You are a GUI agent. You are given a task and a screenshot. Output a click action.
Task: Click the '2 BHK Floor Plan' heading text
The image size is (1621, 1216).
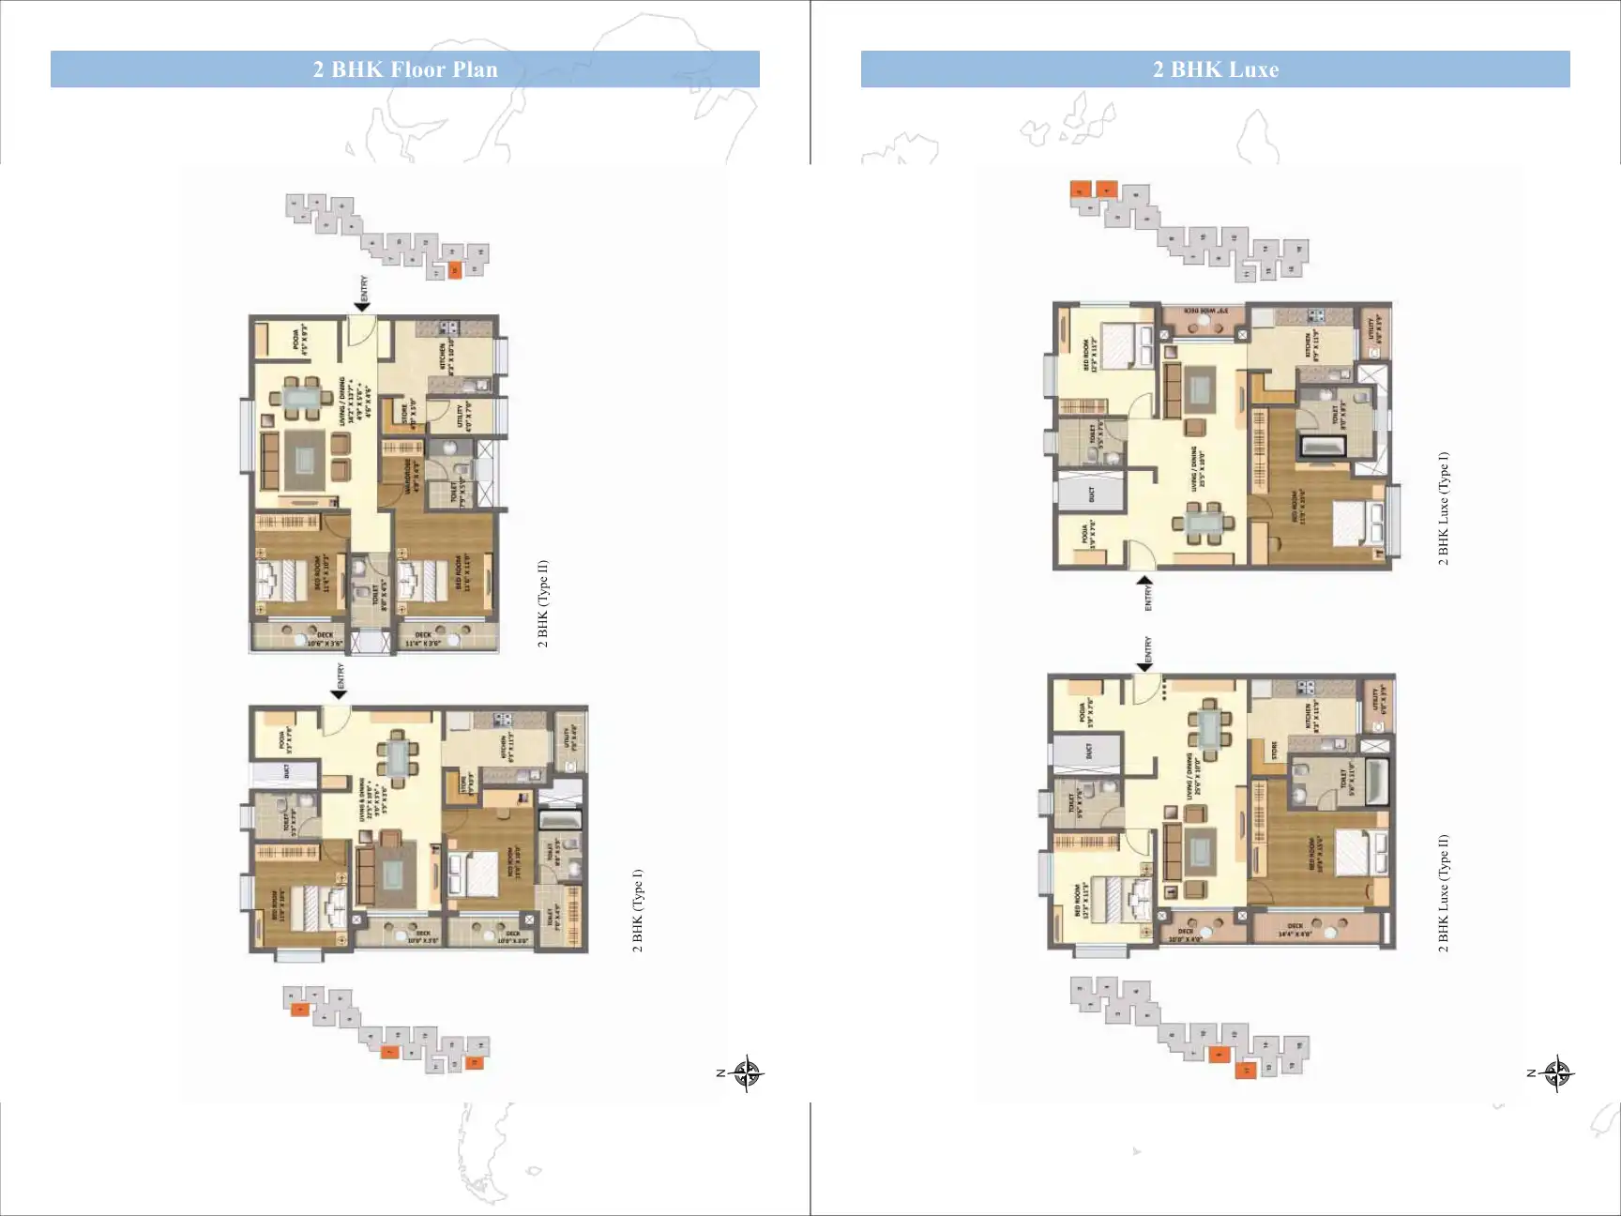(x=405, y=69)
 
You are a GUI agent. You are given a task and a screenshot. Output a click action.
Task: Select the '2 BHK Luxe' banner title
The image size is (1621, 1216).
(x=1215, y=69)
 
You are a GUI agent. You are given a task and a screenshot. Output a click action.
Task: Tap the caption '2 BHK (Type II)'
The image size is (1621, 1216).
(x=543, y=604)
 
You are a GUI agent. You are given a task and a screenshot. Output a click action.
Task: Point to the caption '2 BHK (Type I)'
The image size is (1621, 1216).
(x=638, y=910)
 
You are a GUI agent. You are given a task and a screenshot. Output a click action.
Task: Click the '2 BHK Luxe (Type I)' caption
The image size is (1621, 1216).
(x=1444, y=509)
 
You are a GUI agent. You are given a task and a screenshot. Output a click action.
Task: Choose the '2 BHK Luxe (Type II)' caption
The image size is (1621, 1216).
(x=1444, y=893)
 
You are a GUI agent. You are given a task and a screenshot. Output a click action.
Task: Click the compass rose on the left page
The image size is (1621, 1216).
(x=747, y=1072)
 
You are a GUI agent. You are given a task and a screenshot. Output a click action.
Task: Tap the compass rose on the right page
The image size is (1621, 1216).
(x=1557, y=1072)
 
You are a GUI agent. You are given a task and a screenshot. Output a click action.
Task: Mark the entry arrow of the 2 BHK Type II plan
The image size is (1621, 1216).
(x=362, y=305)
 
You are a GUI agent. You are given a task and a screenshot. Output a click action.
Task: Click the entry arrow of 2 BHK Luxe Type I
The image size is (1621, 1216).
(x=1145, y=581)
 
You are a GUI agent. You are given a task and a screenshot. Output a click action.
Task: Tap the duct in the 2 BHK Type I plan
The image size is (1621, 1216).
(x=285, y=773)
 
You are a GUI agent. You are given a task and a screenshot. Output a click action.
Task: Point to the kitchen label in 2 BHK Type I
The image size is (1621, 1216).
(x=504, y=748)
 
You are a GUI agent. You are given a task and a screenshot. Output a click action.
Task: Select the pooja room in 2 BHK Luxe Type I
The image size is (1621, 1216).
(x=1088, y=537)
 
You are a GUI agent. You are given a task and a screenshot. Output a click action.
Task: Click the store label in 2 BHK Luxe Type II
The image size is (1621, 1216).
(x=1275, y=750)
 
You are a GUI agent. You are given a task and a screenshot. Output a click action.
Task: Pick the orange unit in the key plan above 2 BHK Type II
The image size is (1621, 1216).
(x=455, y=270)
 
